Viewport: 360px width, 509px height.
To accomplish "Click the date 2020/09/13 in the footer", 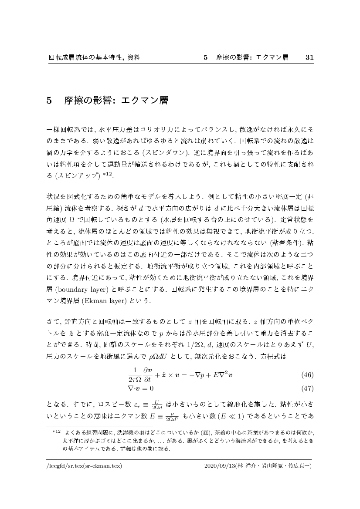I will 219,466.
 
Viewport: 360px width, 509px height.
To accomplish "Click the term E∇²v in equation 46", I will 224,375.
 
